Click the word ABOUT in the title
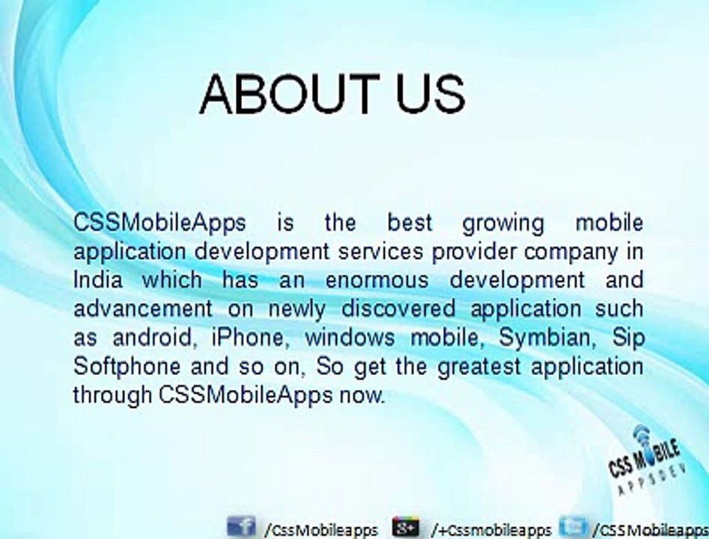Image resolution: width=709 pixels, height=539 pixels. (290, 94)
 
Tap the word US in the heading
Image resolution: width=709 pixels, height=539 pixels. (431, 94)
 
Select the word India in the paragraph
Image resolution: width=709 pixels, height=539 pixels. (97, 279)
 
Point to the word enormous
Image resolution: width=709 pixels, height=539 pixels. (377, 280)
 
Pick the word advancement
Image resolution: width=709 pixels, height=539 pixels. (142, 308)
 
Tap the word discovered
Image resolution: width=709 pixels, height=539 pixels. (398, 308)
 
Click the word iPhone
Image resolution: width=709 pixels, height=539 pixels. (249, 338)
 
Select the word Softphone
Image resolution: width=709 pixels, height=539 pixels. (127, 367)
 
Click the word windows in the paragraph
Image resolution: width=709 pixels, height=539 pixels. (350, 338)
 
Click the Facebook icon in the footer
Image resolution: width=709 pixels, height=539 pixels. (242, 526)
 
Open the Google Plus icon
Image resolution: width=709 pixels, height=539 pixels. (406, 527)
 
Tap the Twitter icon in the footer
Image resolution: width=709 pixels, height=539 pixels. (573, 526)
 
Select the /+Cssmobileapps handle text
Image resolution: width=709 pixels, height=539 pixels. (491, 530)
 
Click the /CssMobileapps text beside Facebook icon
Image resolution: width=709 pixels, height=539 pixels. (321, 530)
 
